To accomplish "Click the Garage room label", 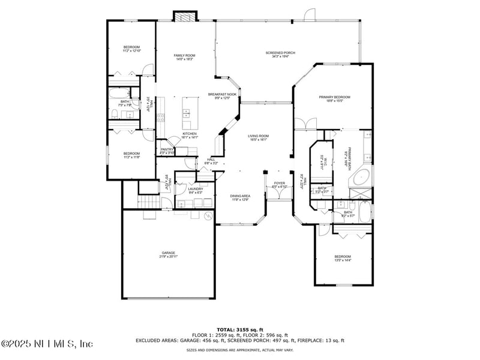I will [x=168, y=254].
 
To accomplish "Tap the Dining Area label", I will [x=240, y=197].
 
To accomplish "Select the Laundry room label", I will [x=195, y=190].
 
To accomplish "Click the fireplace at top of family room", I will [x=185, y=16].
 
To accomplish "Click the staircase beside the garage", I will [x=148, y=202].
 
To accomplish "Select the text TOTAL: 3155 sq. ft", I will [x=239, y=329].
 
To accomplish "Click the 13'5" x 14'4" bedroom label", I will [x=343, y=258].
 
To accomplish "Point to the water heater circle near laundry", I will [x=208, y=215].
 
